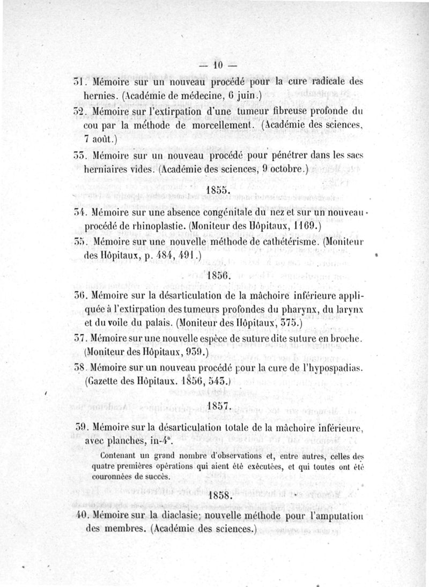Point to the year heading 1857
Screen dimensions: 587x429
pos(219,406)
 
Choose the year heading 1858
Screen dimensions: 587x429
pos(219,495)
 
